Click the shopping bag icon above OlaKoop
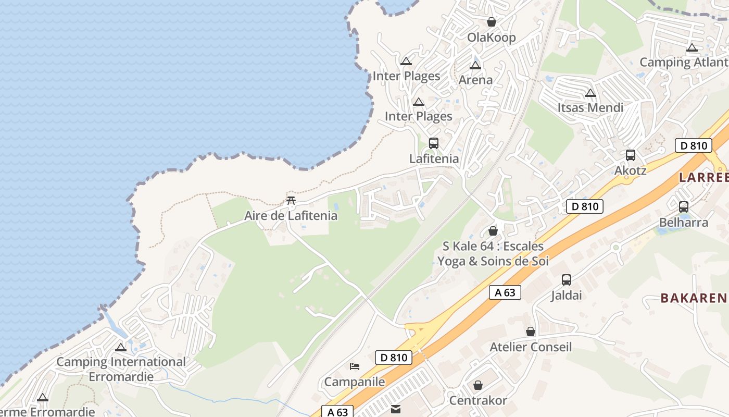(491, 22)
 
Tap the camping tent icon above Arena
(475, 66)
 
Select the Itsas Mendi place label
(590, 108)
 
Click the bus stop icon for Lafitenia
(433, 143)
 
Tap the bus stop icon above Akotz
(630, 155)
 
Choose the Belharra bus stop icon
(684, 207)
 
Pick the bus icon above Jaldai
(567, 280)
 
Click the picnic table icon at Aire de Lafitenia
(291, 200)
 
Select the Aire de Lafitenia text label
(291, 216)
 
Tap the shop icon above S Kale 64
(493, 230)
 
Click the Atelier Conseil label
(531, 347)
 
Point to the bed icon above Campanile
(355, 366)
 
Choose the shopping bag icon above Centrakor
(477, 385)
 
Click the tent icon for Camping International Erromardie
(121, 347)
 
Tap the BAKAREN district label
(694, 298)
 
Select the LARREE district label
(703, 178)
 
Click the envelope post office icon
(396, 409)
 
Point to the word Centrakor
(477, 401)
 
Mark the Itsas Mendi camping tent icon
(590, 93)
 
